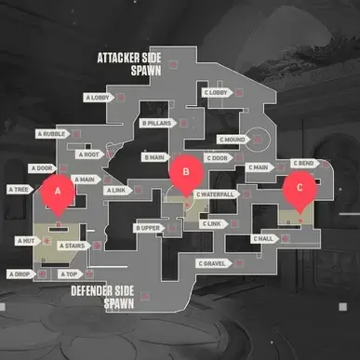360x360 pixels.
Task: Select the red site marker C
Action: point(299,187)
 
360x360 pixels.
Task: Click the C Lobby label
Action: point(216,92)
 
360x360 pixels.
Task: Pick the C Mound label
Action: point(232,140)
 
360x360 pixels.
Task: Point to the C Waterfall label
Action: point(215,193)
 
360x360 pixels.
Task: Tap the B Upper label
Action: point(150,228)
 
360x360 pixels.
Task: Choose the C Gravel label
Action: point(211,263)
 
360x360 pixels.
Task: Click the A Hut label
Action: point(26,240)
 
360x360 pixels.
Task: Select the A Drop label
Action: point(20,274)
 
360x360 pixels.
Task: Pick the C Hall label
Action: point(264,239)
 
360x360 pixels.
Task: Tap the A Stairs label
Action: point(73,246)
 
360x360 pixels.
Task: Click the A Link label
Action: point(116,190)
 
